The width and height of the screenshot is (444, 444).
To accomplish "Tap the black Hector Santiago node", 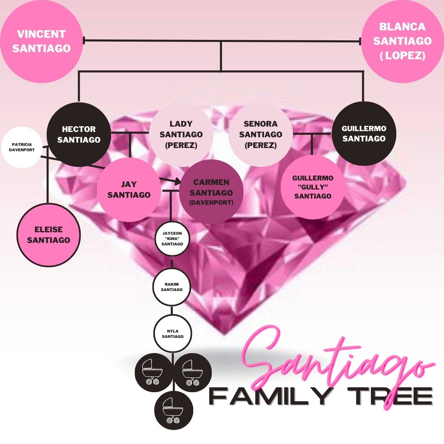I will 79,134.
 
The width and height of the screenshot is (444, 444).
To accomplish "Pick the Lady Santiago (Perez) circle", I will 181,134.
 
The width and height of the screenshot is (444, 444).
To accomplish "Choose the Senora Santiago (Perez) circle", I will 260,134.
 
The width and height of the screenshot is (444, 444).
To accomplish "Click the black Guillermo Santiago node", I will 364,134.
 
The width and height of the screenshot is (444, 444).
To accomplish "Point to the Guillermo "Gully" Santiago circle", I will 312,187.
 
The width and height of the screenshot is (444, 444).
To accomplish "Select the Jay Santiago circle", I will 129,190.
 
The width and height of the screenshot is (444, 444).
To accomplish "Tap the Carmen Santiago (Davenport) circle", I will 211,192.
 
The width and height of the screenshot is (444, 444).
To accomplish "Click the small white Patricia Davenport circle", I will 22,147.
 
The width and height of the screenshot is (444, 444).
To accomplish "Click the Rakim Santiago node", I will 172,287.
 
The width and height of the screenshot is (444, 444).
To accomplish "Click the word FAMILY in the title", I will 270,396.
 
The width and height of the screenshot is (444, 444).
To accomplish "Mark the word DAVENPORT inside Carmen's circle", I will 211,203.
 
